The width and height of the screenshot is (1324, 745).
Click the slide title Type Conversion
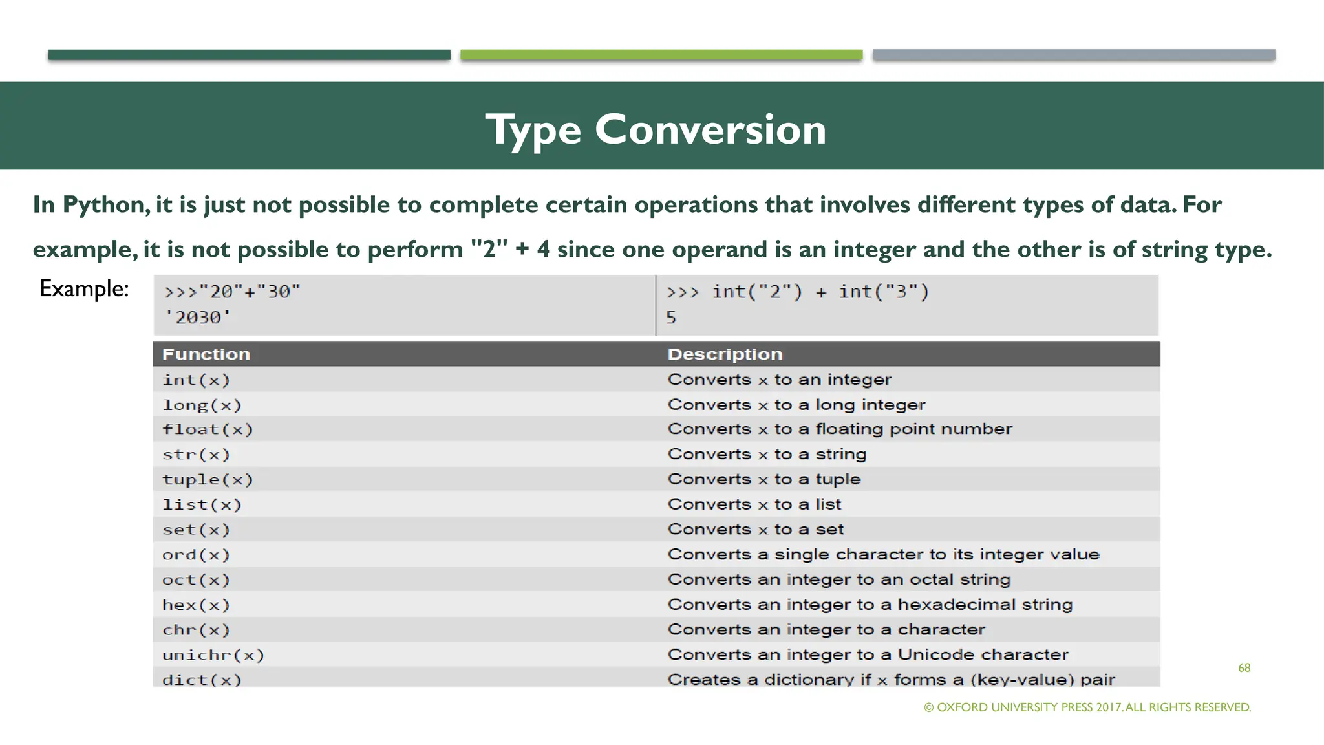[656, 129]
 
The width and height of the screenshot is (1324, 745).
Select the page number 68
[1244, 667]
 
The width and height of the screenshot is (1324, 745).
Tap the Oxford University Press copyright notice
[1087, 707]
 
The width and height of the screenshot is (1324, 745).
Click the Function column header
[206, 354]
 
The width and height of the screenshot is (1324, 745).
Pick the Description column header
[725, 354]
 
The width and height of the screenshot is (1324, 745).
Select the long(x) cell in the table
[202, 405]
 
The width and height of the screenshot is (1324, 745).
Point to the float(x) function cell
[208, 429]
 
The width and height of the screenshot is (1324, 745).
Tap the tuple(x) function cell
[208, 479]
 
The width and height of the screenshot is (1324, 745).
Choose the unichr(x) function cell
[213, 655]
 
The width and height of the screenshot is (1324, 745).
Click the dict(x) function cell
[202, 679]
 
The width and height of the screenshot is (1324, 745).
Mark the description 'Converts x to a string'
[767, 454]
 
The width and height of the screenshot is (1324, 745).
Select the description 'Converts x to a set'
[756, 529]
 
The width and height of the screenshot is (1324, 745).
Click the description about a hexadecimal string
[870, 605]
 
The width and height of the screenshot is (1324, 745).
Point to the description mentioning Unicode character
[868, 654]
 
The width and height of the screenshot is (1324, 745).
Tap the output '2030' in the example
[198, 318]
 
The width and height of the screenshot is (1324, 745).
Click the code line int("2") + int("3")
[798, 292]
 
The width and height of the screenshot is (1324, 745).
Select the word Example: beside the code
[84, 288]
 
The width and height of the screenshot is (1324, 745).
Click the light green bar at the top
[661, 55]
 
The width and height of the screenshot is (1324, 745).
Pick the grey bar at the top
[1074, 55]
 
